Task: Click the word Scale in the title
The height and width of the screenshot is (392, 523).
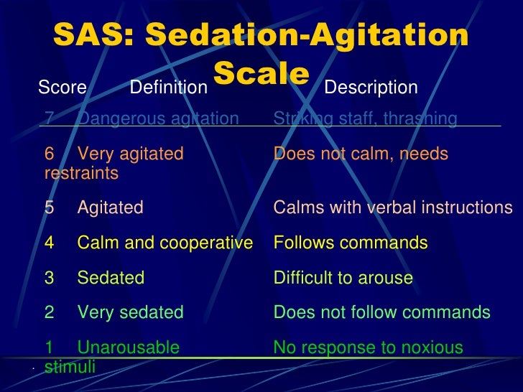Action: coord(261,73)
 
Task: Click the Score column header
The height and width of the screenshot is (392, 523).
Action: coord(62,88)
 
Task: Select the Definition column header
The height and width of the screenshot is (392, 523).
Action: coord(167,88)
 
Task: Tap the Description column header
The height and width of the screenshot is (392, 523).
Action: coord(371,88)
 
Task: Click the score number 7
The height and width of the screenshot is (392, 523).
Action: coord(49,118)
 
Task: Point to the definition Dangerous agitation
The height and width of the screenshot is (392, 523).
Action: coord(158,118)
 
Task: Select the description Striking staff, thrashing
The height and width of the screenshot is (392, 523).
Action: coord(365,118)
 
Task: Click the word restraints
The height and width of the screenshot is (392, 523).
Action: coord(81,174)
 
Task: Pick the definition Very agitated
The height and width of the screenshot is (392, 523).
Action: coord(130,154)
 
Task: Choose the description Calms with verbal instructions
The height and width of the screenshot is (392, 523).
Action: coord(392,207)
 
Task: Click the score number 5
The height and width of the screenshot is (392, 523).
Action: coord(49,207)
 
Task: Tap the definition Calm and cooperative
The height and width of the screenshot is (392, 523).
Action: coord(165,243)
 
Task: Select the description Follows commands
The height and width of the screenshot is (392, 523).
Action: coord(351,243)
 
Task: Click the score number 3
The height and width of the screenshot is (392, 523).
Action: coord(49,278)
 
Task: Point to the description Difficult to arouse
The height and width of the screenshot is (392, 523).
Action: coord(343,278)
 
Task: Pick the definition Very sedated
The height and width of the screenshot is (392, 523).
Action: coord(130,312)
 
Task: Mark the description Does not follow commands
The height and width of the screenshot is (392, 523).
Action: coord(381,312)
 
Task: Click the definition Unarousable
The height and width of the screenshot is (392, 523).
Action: coord(128,348)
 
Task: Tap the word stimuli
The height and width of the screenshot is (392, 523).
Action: coord(70,368)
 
